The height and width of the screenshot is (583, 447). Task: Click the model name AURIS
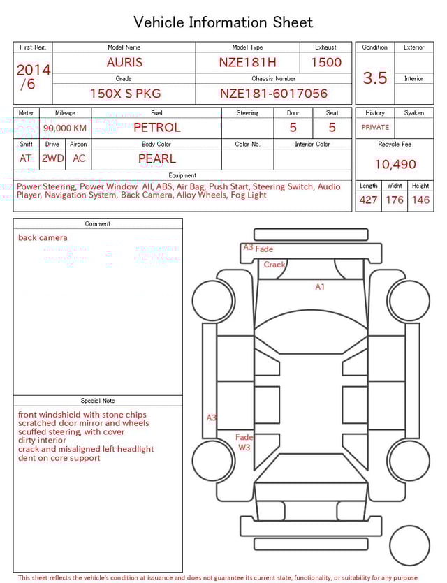[x=124, y=62]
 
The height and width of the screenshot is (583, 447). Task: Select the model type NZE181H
[x=247, y=62]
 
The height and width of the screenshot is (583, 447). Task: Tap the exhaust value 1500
[x=326, y=62]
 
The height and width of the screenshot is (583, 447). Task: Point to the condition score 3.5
[x=375, y=78]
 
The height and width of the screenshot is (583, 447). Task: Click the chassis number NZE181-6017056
[x=273, y=93]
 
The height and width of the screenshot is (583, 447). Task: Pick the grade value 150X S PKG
[x=125, y=93]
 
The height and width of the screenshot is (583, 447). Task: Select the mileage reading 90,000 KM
[x=65, y=128]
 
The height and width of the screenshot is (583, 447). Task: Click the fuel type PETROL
[x=156, y=128]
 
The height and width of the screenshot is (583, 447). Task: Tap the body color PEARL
[x=156, y=158]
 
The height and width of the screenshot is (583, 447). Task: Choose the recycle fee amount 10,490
[x=395, y=165]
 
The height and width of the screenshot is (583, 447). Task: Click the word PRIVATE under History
[x=375, y=128]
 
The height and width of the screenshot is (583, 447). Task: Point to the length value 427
[x=368, y=200]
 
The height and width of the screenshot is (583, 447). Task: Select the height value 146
[x=420, y=200]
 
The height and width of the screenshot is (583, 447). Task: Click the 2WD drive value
[x=52, y=158]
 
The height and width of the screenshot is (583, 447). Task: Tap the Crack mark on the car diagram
[x=274, y=265]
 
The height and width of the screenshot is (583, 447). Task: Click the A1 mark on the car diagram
[x=320, y=287]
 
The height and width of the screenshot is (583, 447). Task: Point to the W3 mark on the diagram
[x=244, y=447]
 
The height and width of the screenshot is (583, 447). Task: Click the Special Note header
[x=98, y=401]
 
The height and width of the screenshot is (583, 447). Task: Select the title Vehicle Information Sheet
[x=223, y=22]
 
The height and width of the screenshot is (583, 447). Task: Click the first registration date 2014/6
[x=33, y=77]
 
